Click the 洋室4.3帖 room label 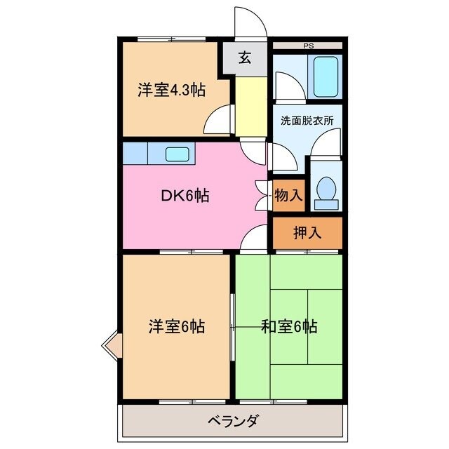point(171,91)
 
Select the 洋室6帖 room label point(175,326)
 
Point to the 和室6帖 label point(289,326)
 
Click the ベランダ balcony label point(234,422)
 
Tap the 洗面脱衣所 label point(307,119)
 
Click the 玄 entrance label point(244,59)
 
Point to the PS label point(308,46)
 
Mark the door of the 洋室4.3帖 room point(220,119)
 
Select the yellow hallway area point(251,105)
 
